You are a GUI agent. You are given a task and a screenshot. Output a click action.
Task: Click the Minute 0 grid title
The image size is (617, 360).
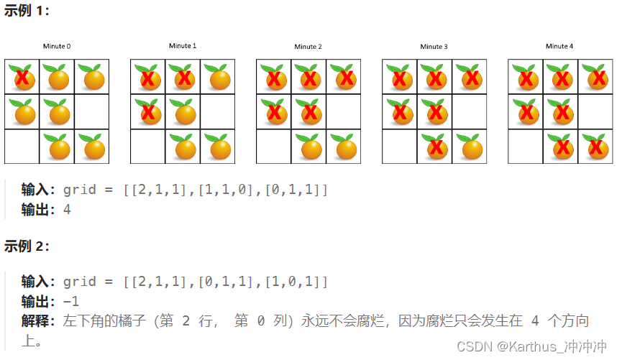[57, 47]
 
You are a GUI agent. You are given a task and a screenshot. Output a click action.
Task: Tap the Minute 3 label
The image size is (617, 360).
[434, 47]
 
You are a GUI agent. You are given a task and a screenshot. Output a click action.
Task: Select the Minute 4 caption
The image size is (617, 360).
[559, 46]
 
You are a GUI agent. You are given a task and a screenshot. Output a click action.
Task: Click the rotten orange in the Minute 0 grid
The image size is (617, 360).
[22, 76]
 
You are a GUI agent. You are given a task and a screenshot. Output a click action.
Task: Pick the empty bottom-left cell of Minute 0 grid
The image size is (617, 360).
[22, 147]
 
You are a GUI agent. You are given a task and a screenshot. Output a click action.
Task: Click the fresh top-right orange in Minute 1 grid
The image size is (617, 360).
[218, 76]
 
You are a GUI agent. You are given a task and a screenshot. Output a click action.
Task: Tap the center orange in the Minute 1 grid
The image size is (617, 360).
[183, 111]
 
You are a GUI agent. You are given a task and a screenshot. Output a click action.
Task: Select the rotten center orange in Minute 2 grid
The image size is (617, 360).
[309, 111]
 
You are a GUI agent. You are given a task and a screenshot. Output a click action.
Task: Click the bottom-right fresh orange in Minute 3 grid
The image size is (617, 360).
[470, 147]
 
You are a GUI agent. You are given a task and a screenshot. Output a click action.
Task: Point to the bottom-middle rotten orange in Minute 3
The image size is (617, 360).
[435, 147]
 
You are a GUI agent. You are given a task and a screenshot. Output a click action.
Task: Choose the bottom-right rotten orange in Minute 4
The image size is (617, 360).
[596, 147]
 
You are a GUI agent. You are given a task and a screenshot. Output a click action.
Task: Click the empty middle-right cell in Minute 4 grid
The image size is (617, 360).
[596, 111]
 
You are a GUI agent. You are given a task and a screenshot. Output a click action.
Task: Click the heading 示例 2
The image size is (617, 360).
[27, 246]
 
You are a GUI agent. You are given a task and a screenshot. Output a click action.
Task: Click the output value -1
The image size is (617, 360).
[70, 301]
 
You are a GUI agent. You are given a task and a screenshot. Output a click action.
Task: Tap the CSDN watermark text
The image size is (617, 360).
[531, 346]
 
